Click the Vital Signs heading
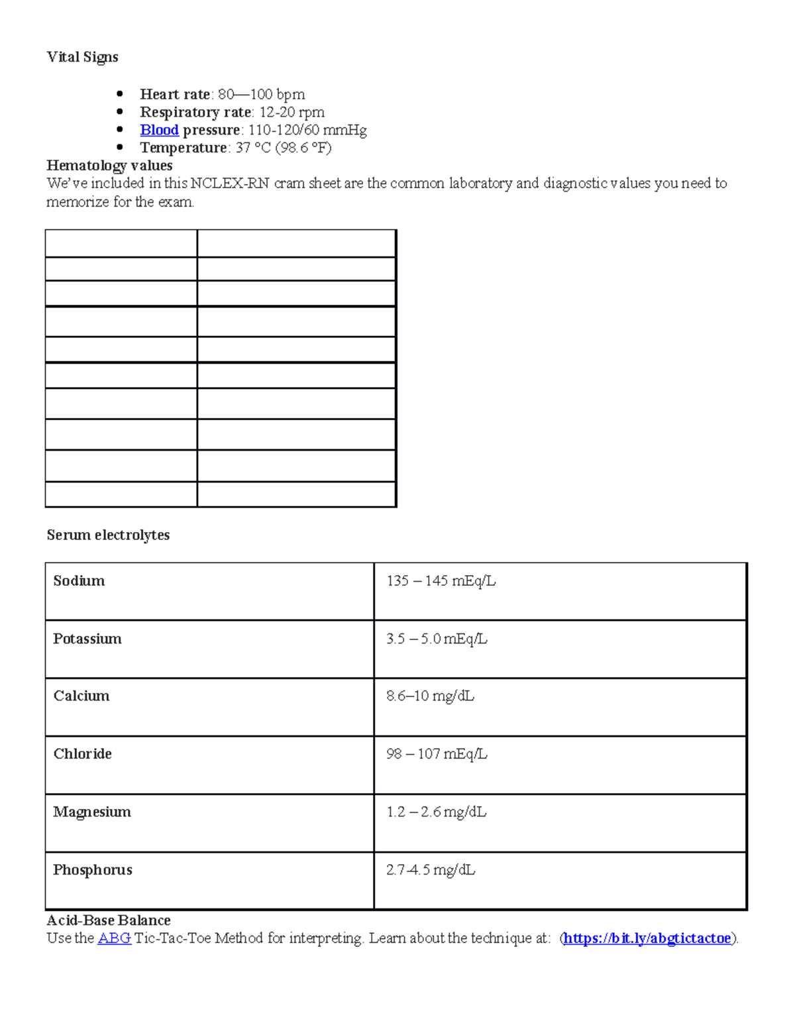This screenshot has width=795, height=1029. pyautogui.click(x=82, y=58)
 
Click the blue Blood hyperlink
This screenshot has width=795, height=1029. pyautogui.click(x=159, y=130)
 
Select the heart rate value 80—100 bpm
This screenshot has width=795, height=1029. pyautogui.click(x=261, y=94)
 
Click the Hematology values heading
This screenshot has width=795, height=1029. pyautogui.click(x=109, y=166)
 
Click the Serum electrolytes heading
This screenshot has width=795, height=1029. pyautogui.click(x=108, y=535)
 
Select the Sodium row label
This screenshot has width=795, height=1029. pyautogui.click(x=79, y=581)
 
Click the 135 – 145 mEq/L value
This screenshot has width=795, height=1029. pyautogui.click(x=441, y=581)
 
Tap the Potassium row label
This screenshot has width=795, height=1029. pyautogui.click(x=87, y=639)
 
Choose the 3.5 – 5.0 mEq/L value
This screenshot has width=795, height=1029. pyautogui.click(x=437, y=639)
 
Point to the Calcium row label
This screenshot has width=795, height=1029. pyautogui.click(x=81, y=696)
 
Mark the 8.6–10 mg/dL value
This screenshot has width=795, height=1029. pyautogui.click(x=430, y=696)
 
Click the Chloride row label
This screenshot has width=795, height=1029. pyautogui.click(x=82, y=754)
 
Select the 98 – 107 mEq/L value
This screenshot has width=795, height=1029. pyautogui.click(x=437, y=754)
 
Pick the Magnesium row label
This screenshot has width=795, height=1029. pyautogui.click(x=92, y=812)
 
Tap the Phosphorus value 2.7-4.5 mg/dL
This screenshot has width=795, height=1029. pyautogui.click(x=431, y=870)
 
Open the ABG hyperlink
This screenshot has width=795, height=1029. pyautogui.click(x=114, y=938)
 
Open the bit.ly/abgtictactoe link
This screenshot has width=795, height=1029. pyautogui.click(x=647, y=938)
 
